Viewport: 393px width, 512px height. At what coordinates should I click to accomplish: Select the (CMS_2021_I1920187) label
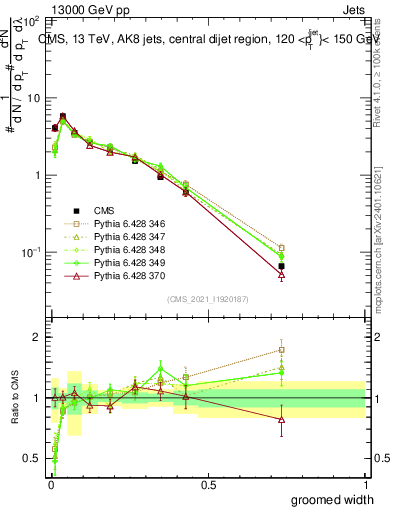(207, 299)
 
